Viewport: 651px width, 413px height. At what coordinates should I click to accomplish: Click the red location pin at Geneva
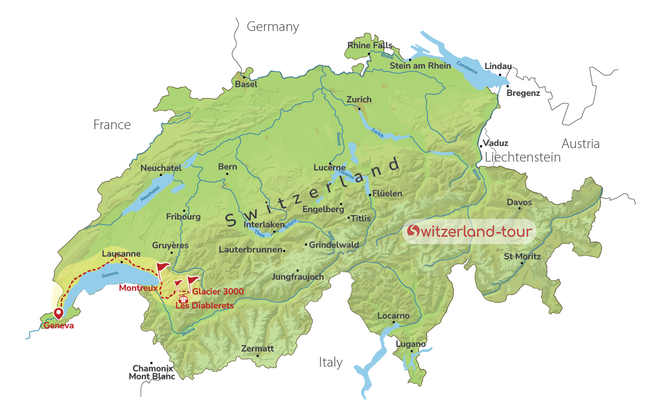pos(58,313)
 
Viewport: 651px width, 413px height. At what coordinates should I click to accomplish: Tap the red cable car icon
pos(183,299)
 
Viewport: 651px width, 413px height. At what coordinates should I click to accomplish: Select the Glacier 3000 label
pos(218,291)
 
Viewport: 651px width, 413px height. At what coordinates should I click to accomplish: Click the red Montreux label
pos(138,288)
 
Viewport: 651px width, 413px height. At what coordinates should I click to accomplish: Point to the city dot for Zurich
pos(359,109)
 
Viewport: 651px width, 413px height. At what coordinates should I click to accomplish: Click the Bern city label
pos(227,167)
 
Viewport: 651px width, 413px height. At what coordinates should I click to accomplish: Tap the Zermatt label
pos(257,349)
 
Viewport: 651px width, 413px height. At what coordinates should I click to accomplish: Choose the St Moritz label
pos(522,257)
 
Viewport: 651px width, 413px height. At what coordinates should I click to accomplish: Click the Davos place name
pos(519,202)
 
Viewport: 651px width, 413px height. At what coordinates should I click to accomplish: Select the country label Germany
pos(273,27)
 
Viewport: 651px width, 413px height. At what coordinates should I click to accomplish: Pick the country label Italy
pos(331,362)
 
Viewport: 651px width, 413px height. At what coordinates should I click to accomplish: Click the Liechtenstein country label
pos(522,157)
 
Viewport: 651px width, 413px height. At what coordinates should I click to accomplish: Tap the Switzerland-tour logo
pos(469,231)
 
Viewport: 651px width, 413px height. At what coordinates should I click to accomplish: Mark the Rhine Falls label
pos(369,45)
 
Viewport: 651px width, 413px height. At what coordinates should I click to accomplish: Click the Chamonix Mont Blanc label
pos(152,372)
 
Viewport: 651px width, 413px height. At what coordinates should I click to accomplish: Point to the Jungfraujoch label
pos(298,277)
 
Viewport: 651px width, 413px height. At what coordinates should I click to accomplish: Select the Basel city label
pos(246,84)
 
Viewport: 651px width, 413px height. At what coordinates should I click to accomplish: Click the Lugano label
pos(411,344)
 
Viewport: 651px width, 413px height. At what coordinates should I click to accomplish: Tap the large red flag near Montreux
pos(162,268)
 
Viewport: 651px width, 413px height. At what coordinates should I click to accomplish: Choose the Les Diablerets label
pos(204,306)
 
